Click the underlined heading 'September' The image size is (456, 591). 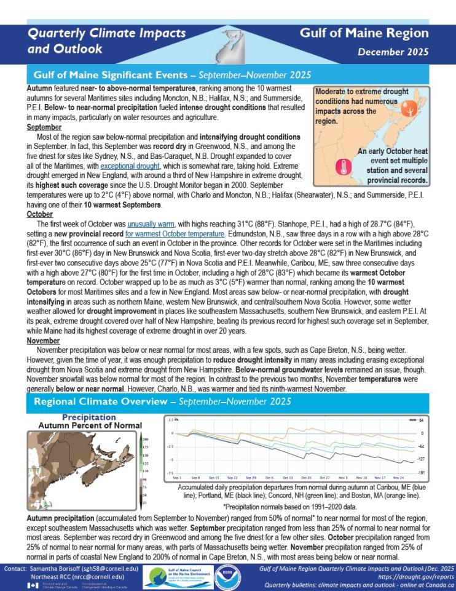41,127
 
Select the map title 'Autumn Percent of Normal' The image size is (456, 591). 90,425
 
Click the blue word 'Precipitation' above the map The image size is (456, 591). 89,417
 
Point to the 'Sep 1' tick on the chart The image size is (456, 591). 177,477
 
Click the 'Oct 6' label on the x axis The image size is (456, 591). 270,477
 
